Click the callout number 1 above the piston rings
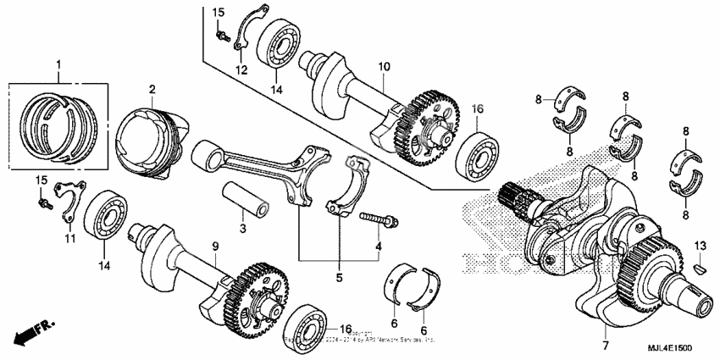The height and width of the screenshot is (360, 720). (58, 65)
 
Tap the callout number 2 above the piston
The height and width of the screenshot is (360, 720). (152, 89)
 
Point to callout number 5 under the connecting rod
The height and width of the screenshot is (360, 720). (340, 275)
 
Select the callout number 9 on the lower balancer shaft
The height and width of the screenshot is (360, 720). (215, 246)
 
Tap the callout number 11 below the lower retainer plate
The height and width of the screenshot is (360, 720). (70, 239)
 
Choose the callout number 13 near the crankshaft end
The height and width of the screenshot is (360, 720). (699, 245)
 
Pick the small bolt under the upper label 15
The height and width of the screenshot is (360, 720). (221, 35)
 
